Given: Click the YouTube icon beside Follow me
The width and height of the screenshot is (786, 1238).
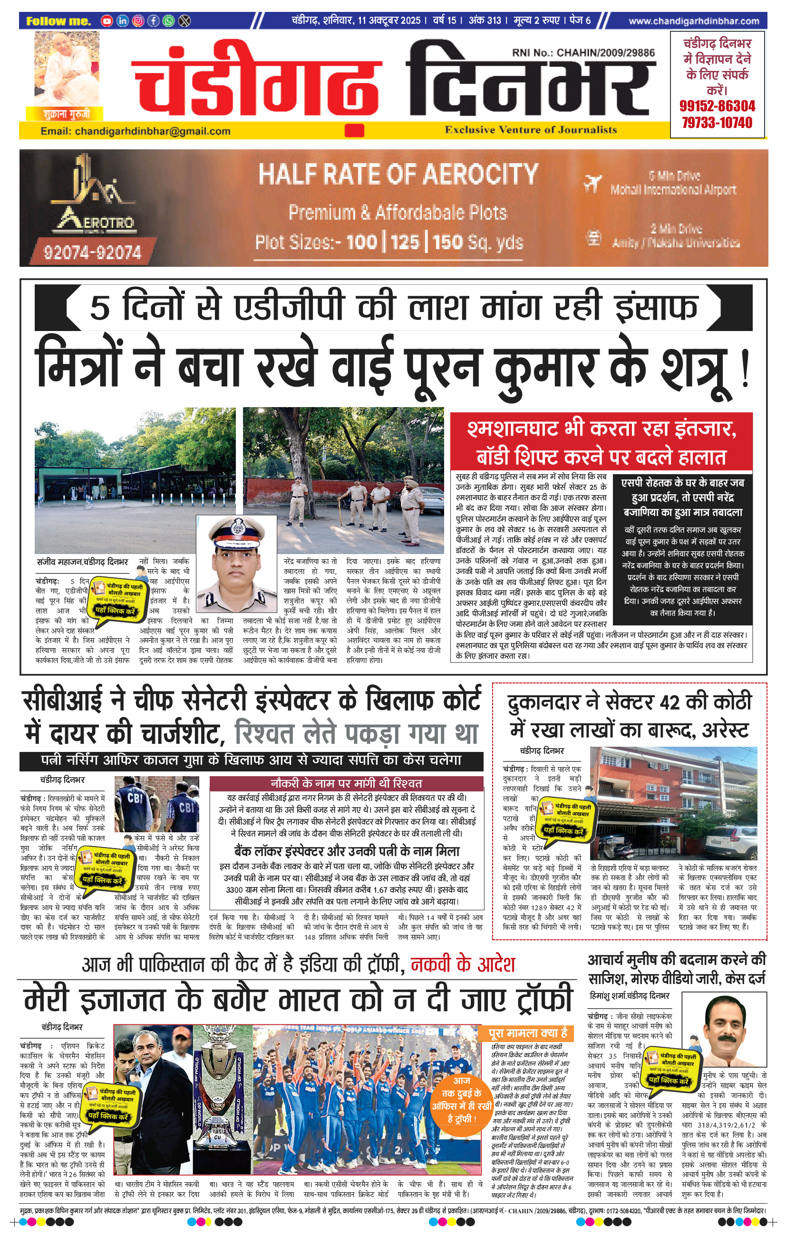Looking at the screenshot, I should [107, 21].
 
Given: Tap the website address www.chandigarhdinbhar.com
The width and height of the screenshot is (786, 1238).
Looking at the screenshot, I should [693, 21].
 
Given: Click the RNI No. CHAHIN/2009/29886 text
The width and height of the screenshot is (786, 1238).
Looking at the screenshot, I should [583, 52].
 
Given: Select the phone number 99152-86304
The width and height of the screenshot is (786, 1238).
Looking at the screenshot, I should [717, 107].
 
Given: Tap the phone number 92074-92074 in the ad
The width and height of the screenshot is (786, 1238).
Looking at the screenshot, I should [93, 252].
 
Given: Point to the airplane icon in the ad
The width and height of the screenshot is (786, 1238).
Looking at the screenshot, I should [593, 182].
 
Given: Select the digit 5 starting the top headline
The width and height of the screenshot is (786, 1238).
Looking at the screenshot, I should [100, 307].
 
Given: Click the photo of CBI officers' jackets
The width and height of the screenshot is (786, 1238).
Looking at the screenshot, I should [157, 804].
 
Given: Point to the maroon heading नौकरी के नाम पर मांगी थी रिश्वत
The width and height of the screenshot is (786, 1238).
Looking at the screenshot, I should [346, 783].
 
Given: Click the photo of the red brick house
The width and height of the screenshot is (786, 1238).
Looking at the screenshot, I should [673, 803].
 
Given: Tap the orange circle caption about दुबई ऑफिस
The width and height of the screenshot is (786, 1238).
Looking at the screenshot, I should [461, 1100].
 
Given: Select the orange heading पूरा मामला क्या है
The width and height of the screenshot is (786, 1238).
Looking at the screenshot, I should [528, 1033].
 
